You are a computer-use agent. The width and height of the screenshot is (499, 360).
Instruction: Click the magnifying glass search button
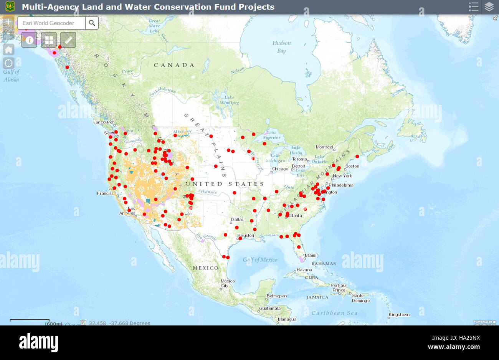pos(92,23)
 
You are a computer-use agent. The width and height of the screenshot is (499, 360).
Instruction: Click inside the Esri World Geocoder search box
pos(51,23)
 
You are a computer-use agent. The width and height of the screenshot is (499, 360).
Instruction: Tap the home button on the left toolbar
pos(8,50)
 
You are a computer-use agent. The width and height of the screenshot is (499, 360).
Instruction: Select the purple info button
pos(29,40)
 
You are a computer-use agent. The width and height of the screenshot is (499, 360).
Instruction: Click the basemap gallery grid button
pos(49,40)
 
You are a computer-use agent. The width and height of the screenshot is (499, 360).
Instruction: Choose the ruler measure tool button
pos(68,40)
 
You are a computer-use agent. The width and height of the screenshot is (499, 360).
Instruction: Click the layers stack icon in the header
pos(489,7)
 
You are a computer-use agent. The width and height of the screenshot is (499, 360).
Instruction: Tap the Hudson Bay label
pos(282,47)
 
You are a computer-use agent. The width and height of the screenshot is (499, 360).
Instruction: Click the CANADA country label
pos(174,65)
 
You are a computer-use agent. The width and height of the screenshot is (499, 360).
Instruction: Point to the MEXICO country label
pos(205,268)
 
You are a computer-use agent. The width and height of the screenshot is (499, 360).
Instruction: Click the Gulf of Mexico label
pos(260,260)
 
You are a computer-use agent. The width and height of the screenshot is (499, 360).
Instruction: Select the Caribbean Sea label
pos(334,313)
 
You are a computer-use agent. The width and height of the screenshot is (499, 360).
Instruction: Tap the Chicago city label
pos(280,169)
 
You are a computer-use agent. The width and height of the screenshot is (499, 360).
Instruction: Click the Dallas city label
pos(237,220)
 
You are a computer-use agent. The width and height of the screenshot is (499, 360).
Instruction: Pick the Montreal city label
pos(324,147)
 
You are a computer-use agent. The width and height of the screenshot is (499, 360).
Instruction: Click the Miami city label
pos(311,255)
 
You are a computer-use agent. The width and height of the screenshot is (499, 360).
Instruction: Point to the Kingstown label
pos(399,315)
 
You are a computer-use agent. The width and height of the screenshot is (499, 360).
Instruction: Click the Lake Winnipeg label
pos(230,100)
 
